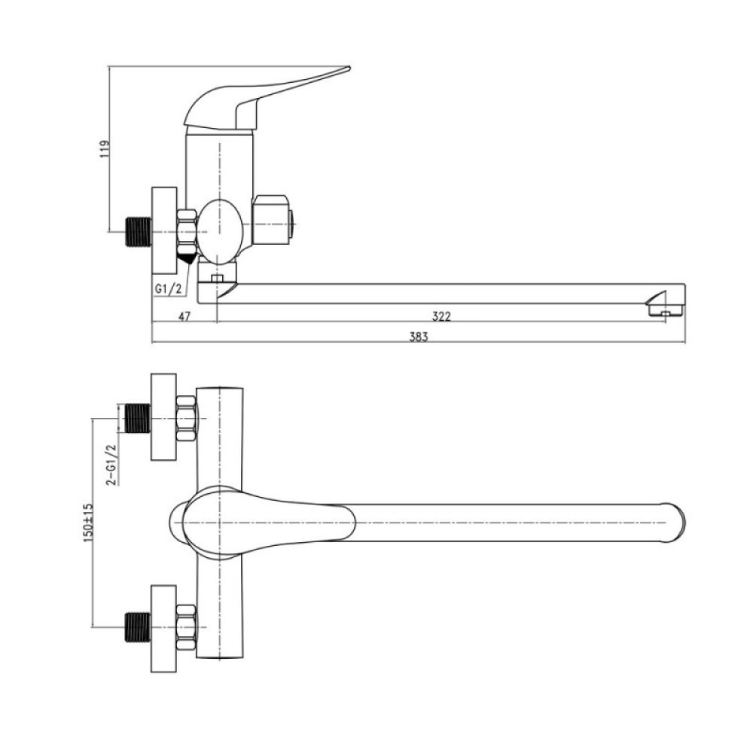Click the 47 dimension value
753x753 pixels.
184,316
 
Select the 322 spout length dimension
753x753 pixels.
441,316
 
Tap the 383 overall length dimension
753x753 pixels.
418,337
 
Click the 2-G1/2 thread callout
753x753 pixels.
112,465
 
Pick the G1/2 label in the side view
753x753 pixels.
168,288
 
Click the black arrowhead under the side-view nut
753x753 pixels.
186,257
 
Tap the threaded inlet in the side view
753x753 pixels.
139,232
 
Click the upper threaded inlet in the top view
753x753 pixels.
139,418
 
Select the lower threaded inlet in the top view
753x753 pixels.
139,627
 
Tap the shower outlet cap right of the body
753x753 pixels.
273,220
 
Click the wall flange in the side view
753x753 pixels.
165,231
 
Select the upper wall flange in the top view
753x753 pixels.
164,417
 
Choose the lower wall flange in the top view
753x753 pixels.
164,628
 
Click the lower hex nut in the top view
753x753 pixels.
186,627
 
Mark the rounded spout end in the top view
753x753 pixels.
675,523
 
